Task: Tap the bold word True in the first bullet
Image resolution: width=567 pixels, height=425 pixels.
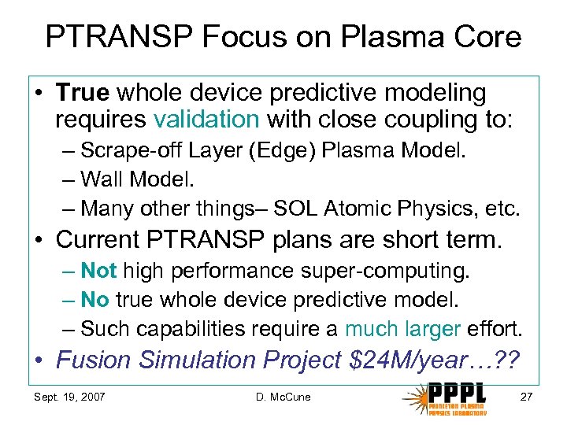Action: pos(83,94)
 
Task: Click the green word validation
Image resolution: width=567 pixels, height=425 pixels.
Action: pos(206,120)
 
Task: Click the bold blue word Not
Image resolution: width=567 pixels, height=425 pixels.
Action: pos(98,272)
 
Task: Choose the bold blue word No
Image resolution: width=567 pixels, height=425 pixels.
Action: pos(94,300)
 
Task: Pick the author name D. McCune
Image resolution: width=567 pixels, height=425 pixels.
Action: pos(283,397)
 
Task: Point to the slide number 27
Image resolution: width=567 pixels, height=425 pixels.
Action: pos(528,397)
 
